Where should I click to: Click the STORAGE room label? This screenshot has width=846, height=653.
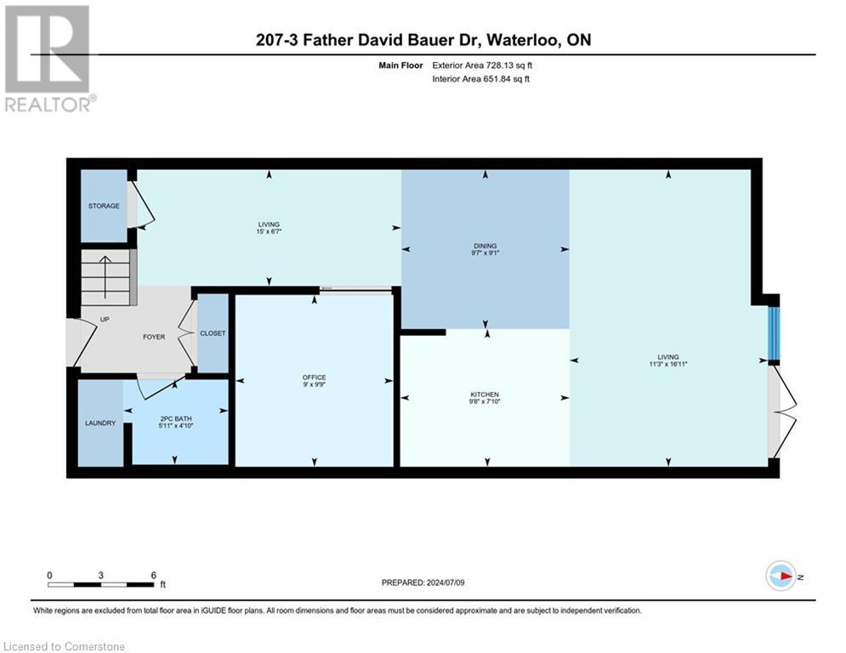pos(104,206)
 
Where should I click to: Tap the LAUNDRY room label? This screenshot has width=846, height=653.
pos(99,423)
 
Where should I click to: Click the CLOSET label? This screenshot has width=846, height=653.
pos(213,333)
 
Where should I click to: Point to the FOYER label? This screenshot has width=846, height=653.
pos(153,337)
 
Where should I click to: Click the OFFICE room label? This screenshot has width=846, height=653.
pos(314,378)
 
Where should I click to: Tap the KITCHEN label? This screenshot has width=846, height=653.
pos(485,395)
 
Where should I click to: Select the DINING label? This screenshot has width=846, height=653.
pos(485,246)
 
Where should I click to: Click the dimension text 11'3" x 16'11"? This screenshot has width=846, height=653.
pos(667,364)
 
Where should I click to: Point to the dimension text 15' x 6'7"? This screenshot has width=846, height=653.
pos(269,232)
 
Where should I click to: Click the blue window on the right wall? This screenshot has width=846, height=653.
pos(773,333)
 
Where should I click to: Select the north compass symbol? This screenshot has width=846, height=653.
pos(781,577)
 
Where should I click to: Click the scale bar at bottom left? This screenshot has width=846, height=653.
pos(100,584)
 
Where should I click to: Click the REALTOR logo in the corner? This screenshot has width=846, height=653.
pos(48,58)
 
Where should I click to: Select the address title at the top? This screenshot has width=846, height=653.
pos(423,39)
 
